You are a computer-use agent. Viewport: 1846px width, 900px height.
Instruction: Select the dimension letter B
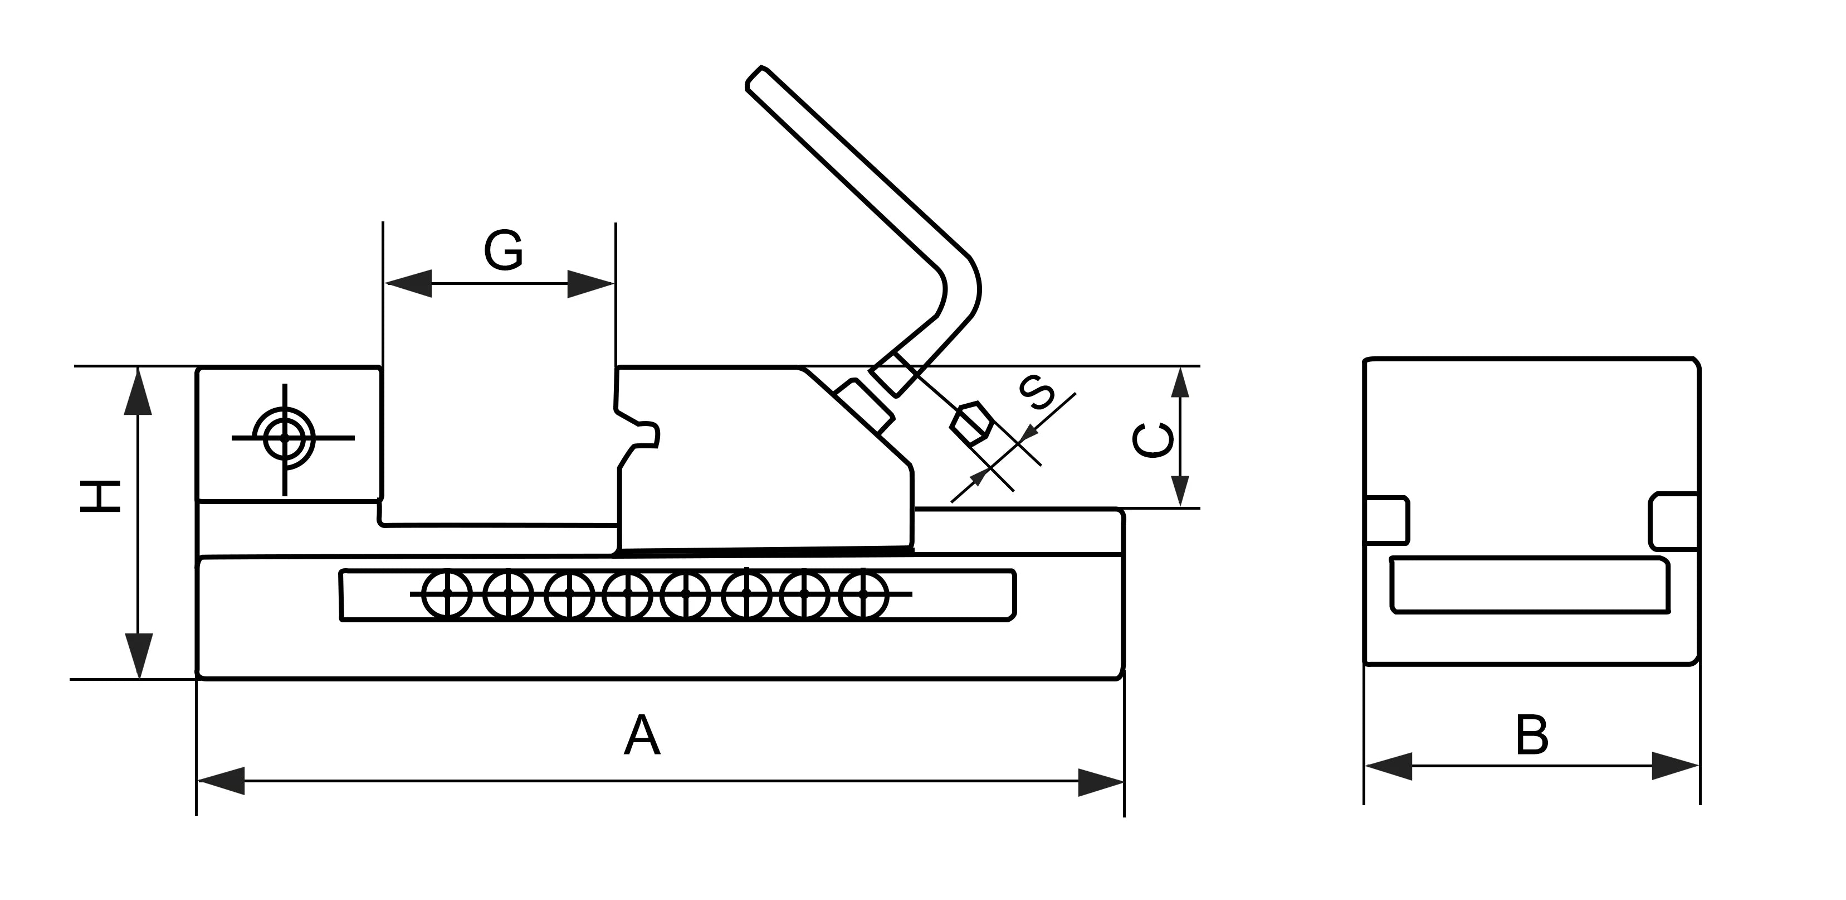tap(1532, 736)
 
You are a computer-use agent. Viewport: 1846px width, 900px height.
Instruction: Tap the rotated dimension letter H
tap(100, 497)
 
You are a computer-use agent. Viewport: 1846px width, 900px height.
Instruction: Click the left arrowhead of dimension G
tap(408, 283)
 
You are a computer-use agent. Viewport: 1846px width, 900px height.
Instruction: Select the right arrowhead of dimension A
tap(1101, 782)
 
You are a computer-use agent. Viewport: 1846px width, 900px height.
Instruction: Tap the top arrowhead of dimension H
tap(138, 391)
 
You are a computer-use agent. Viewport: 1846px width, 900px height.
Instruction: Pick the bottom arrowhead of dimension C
tap(1180, 491)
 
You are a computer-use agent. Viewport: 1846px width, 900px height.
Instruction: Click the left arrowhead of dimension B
tap(1389, 766)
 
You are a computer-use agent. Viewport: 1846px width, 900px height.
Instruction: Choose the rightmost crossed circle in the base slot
tap(863, 594)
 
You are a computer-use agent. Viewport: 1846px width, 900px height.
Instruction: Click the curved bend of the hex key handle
tap(960, 287)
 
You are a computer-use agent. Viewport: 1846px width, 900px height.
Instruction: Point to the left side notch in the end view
tap(1386, 520)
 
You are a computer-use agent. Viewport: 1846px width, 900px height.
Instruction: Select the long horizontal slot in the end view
tap(1530, 584)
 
